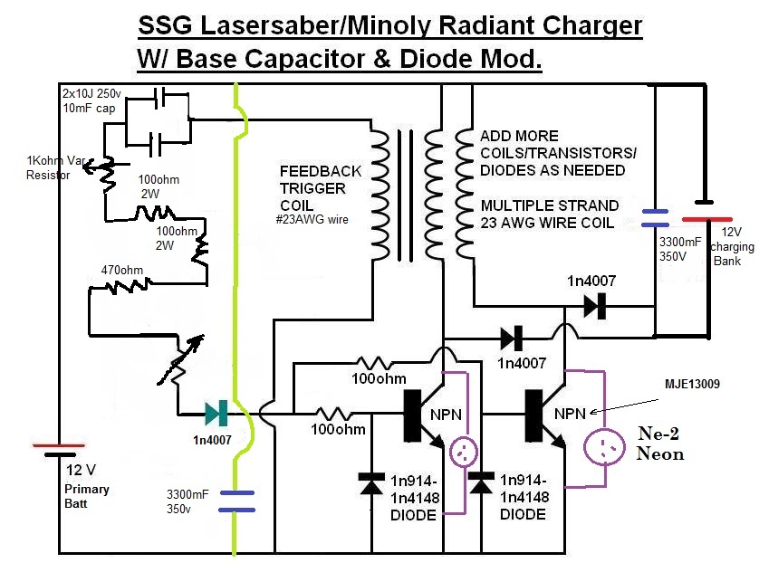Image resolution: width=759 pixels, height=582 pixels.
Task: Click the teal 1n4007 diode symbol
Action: point(216,414)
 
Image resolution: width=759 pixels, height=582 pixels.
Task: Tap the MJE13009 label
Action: point(692,384)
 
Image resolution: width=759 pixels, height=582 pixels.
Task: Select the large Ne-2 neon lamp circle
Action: point(604,447)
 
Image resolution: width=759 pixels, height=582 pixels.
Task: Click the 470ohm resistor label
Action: point(122,270)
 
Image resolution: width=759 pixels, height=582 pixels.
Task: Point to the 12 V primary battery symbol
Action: point(59,450)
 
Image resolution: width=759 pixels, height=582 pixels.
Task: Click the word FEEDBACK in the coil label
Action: point(321,171)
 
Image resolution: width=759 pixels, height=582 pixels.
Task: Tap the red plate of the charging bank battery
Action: point(706,219)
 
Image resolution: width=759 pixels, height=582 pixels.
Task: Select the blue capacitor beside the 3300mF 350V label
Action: point(655,218)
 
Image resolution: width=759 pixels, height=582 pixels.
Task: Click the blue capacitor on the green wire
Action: point(236,501)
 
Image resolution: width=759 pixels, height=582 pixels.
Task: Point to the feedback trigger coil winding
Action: point(380,195)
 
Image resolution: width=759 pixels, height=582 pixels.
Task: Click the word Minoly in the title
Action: point(389,25)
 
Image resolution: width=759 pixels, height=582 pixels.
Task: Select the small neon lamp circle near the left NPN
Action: point(464,453)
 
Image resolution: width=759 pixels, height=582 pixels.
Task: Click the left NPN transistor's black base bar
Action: point(412,415)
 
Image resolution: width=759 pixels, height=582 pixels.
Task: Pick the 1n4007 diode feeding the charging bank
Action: point(594,306)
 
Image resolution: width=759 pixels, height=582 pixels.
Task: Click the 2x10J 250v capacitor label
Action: point(91,93)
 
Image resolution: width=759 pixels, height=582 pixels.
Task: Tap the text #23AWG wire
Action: point(312,220)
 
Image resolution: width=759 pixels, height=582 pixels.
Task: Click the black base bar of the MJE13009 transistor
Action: point(533,415)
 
